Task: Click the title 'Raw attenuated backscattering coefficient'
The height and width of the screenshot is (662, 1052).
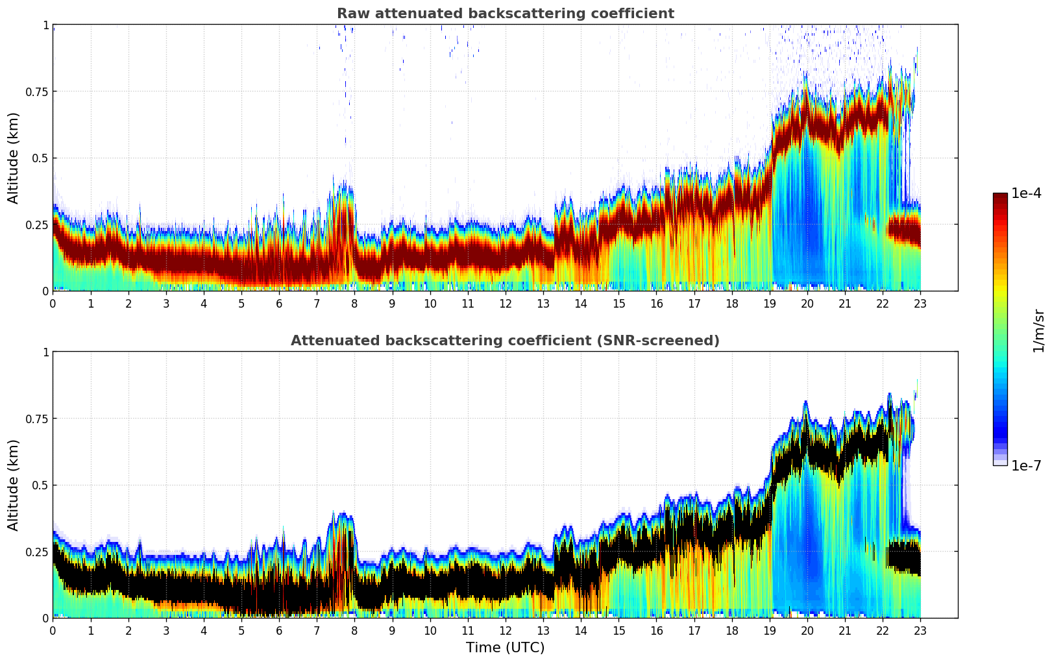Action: pos(505,14)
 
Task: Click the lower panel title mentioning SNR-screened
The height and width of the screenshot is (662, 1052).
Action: pos(505,341)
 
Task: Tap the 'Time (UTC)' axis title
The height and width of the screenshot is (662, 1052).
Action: pos(505,648)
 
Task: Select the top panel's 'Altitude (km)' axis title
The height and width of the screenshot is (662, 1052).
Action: pos(14,158)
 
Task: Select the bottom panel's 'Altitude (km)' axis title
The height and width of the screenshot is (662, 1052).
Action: pos(14,485)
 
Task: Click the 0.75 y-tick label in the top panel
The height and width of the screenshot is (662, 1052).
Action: pos(36,92)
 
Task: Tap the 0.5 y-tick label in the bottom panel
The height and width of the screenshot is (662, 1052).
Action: pos(40,485)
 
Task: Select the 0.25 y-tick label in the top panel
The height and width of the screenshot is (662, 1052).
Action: pos(36,225)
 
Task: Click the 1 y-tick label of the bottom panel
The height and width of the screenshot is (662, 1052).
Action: pos(45,352)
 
